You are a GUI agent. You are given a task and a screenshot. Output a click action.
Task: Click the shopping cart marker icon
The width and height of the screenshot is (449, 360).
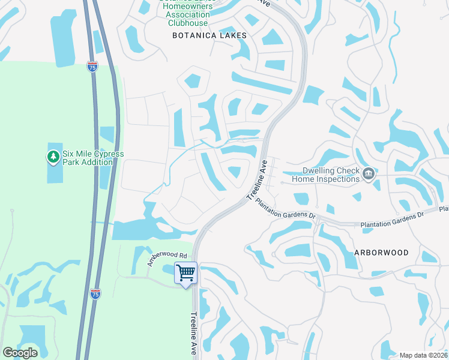click(x=186, y=273)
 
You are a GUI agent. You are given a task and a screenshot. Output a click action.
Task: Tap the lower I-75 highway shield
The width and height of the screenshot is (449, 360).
click(x=95, y=293)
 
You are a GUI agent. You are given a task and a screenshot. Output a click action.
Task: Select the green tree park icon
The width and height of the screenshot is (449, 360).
click(x=53, y=157)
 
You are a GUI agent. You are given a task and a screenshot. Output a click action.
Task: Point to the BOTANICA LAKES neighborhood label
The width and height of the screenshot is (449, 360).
click(x=209, y=36)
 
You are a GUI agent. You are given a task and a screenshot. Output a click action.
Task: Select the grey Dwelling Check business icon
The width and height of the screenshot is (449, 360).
click(x=369, y=174)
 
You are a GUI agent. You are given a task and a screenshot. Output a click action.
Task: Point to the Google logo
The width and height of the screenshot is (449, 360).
click(x=20, y=353)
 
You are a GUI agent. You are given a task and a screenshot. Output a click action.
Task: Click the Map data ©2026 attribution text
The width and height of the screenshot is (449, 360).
click(x=424, y=355)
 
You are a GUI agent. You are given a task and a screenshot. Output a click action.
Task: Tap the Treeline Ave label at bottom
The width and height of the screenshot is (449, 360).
click(x=194, y=334)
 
